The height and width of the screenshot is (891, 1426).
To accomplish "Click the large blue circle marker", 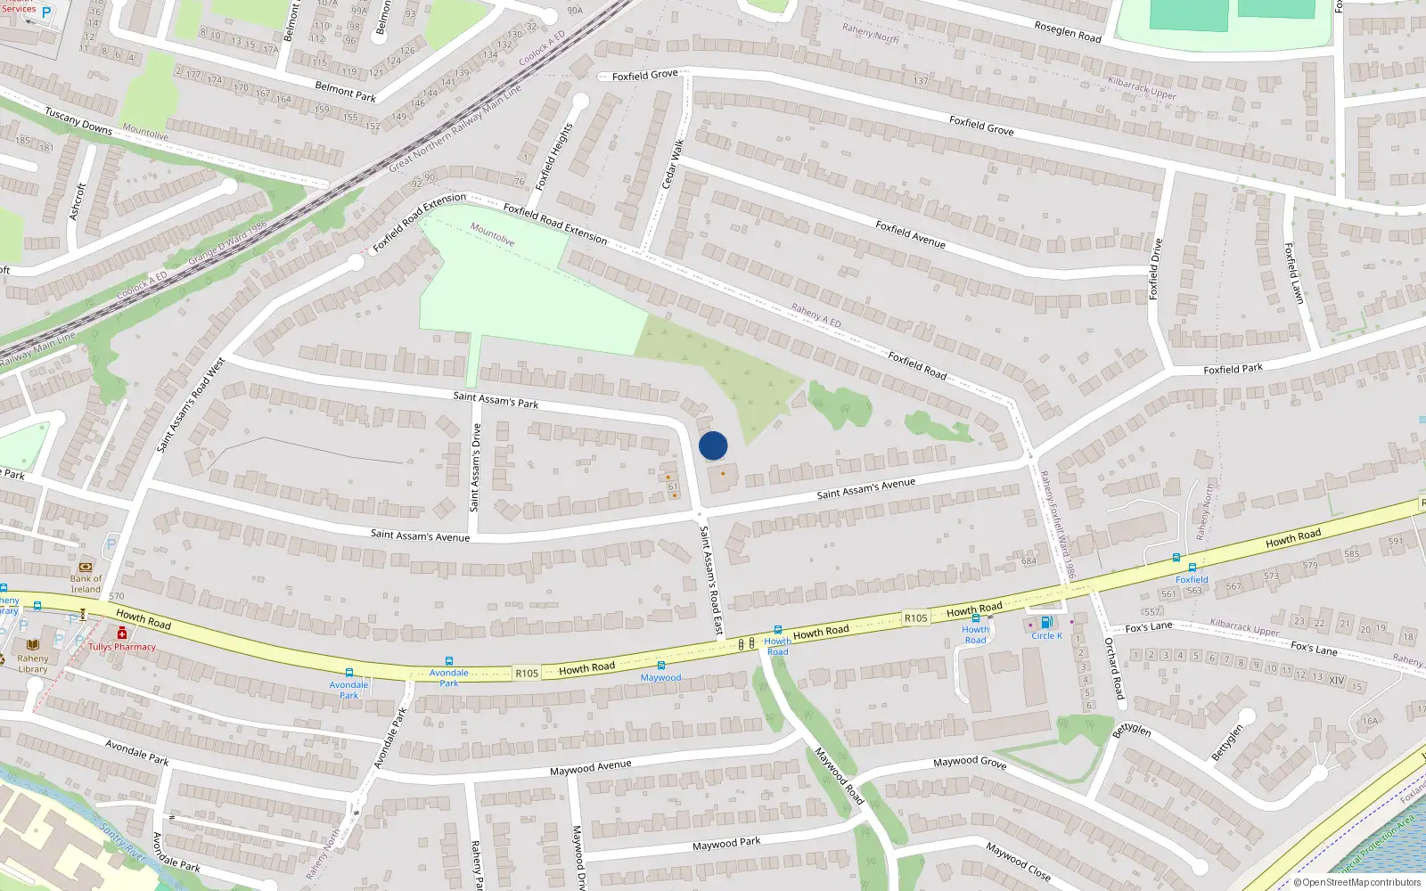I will pyautogui.click(x=713, y=445).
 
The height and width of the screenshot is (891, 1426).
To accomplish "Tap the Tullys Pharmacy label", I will pyautogui.click(x=122, y=647).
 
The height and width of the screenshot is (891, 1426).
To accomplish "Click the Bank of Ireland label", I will pyautogui.click(x=86, y=584).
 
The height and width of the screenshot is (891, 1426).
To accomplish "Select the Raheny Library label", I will pyautogui.click(x=33, y=664).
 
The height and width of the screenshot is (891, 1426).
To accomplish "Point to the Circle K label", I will pyautogui.click(x=1046, y=635).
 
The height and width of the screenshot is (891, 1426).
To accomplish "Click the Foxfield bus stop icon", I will pyautogui.click(x=1192, y=567).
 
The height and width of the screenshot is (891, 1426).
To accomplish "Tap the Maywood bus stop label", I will pyautogui.click(x=660, y=678).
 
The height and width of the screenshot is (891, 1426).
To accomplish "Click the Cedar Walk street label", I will pyautogui.click(x=672, y=163).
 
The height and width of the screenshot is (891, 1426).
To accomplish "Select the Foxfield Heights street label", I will pyautogui.click(x=553, y=157).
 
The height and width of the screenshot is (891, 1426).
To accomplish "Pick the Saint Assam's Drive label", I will pyautogui.click(x=475, y=468).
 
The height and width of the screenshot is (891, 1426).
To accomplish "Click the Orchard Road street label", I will pyautogui.click(x=1114, y=668).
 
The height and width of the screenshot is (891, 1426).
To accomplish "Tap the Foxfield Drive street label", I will pyautogui.click(x=1156, y=269).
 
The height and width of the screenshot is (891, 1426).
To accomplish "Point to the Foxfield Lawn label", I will pyautogui.click(x=1293, y=274).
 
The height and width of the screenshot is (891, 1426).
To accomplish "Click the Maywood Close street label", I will pyautogui.click(x=1018, y=861).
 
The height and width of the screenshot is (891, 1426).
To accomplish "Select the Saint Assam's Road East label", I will pyautogui.click(x=710, y=581).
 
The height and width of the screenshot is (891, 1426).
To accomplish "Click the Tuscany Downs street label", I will pyautogui.click(x=78, y=121).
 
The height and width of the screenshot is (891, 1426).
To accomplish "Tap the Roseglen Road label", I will pyautogui.click(x=1068, y=32).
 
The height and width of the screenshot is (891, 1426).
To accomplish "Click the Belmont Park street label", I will pyautogui.click(x=345, y=91).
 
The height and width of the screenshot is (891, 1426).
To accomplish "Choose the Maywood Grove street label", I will pyautogui.click(x=970, y=763).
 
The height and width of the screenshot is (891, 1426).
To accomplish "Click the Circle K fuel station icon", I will pyautogui.click(x=1045, y=623).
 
